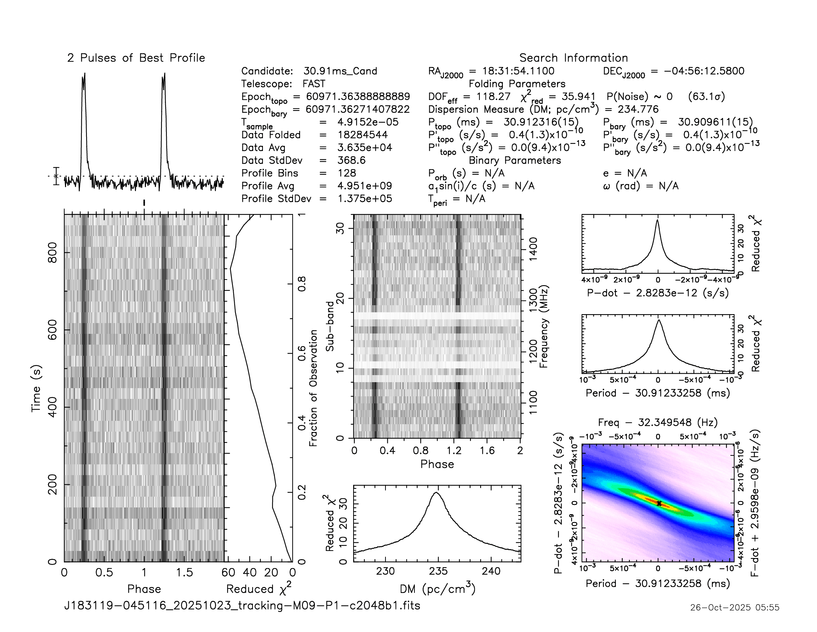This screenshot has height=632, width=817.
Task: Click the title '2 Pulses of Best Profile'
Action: click(136, 58)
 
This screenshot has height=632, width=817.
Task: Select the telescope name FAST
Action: click(314, 84)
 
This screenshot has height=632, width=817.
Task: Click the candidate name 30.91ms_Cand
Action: click(340, 71)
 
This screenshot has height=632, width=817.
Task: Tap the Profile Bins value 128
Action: click(347, 173)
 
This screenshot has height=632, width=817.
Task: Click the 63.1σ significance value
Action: click(706, 97)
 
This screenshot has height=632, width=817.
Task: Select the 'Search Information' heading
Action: click(573, 58)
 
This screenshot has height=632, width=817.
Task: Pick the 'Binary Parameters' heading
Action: click(515, 160)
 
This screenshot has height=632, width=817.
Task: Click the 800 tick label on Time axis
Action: click(52, 253)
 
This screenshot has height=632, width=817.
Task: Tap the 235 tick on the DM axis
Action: click(438, 571)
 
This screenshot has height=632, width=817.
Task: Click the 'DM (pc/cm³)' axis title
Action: click(437, 589)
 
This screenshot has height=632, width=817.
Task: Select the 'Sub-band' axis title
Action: click(329, 326)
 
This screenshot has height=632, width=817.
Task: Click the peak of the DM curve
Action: click(436, 493)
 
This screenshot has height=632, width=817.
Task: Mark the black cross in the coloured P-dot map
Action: click(659, 504)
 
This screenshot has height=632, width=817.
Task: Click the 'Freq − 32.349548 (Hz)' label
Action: click(658, 423)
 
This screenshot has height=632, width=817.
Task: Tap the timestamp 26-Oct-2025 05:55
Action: click(735, 607)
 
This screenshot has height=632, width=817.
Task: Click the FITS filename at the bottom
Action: click(243, 605)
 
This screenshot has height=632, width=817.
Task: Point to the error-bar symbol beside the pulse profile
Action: click(56, 176)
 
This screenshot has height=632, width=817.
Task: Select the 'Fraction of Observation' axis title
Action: click(313, 388)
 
